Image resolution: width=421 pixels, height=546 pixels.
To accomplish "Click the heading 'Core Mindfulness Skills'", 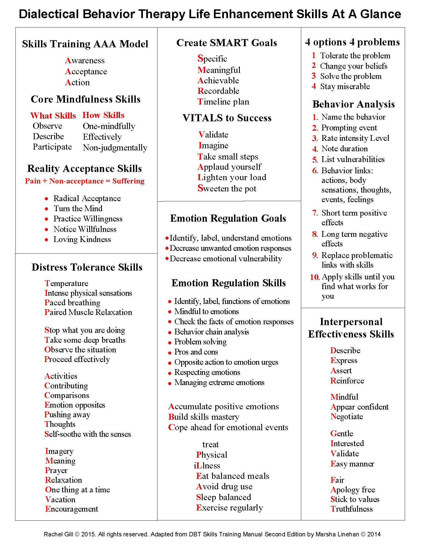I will click(x=85, y=99).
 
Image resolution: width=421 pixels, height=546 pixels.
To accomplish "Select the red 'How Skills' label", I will click(x=103, y=115).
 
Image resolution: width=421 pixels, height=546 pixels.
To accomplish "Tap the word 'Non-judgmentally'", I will click(x=115, y=148).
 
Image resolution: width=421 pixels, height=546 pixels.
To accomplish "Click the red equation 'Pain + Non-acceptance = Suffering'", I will click(x=85, y=181).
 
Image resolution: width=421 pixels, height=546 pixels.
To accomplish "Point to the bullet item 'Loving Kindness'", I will click(x=82, y=239).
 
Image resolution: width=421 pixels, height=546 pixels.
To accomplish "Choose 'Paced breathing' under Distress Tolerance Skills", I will click(x=72, y=303).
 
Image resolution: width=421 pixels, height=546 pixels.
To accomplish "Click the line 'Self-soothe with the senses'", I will click(x=88, y=434).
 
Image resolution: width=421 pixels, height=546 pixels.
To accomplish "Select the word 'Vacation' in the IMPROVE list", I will click(x=60, y=499).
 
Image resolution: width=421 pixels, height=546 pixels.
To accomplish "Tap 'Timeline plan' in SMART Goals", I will click(x=223, y=102).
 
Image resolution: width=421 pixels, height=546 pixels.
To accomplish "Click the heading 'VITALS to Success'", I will click(x=227, y=118).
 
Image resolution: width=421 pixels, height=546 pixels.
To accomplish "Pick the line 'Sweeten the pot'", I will click(x=227, y=188).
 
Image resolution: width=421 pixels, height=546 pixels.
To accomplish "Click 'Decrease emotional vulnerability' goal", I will click(x=225, y=259).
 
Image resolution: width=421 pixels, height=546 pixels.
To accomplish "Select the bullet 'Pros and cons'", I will click(x=196, y=352).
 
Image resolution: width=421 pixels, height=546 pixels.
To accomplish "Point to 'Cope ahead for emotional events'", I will click(x=228, y=427).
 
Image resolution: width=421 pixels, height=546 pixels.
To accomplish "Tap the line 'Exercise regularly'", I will click(x=229, y=507).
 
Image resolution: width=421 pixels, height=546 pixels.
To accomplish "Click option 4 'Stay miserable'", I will click(x=345, y=86).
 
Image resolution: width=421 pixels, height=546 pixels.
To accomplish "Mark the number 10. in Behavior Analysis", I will click(x=314, y=277).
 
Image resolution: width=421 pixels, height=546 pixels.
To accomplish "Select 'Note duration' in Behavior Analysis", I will click(x=344, y=149).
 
